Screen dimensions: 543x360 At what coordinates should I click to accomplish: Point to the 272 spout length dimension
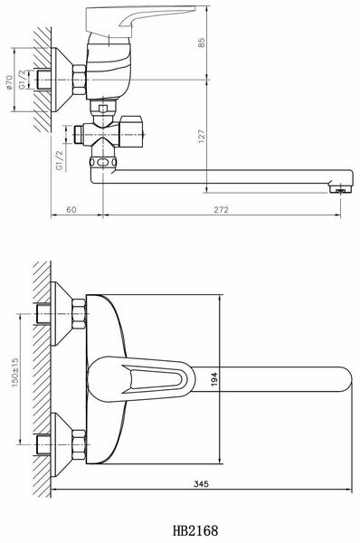219,208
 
